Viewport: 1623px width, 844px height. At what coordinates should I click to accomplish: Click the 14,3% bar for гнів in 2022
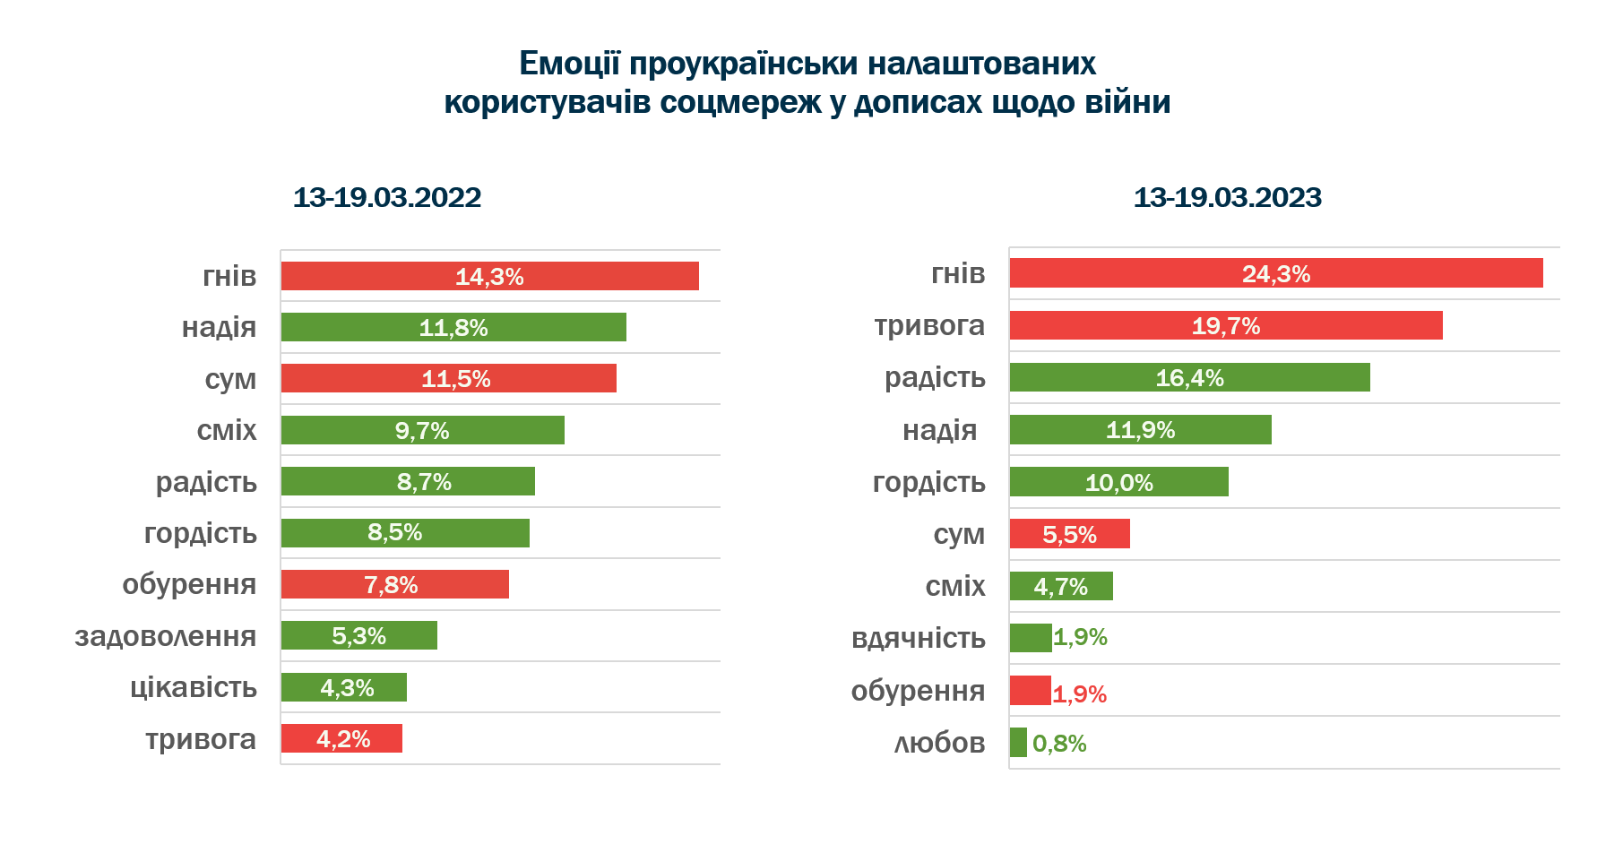[x=489, y=276]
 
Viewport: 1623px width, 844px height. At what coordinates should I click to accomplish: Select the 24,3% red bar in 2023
[x=1275, y=273]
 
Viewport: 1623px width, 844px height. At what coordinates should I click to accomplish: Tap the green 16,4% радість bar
[x=1189, y=377]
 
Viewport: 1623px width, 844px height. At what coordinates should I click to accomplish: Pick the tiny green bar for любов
[x=1018, y=743]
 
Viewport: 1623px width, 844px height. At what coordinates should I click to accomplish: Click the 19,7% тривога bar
[x=1225, y=325]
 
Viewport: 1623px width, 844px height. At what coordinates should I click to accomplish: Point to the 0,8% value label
[x=1059, y=744]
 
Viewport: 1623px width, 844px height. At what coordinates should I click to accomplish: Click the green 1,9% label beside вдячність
[x=1080, y=637]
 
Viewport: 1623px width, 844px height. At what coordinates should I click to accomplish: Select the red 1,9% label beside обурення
[x=1079, y=694]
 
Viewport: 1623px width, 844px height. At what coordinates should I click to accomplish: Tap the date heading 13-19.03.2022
[x=387, y=197]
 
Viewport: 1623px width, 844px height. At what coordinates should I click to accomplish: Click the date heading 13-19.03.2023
[x=1227, y=197]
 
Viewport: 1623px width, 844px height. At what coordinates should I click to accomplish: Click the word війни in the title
[x=1127, y=102]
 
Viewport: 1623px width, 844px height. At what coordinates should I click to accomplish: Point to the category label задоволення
[x=166, y=636]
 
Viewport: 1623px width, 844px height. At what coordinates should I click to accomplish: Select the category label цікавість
[x=194, y=687]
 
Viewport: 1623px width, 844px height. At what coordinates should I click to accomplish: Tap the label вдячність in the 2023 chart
[x=919, y=638]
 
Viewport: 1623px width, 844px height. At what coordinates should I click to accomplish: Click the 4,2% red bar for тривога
[x=341, y=738]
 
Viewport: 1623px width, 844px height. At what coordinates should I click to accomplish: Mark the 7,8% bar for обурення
[x=394, y=584]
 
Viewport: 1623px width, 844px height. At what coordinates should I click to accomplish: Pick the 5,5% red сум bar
[x=1069, y=534]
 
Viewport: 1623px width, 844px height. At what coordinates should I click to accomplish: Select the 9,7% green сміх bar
[x=422, y=430]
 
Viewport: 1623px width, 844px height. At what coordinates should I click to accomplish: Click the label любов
[x=940, y=743]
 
